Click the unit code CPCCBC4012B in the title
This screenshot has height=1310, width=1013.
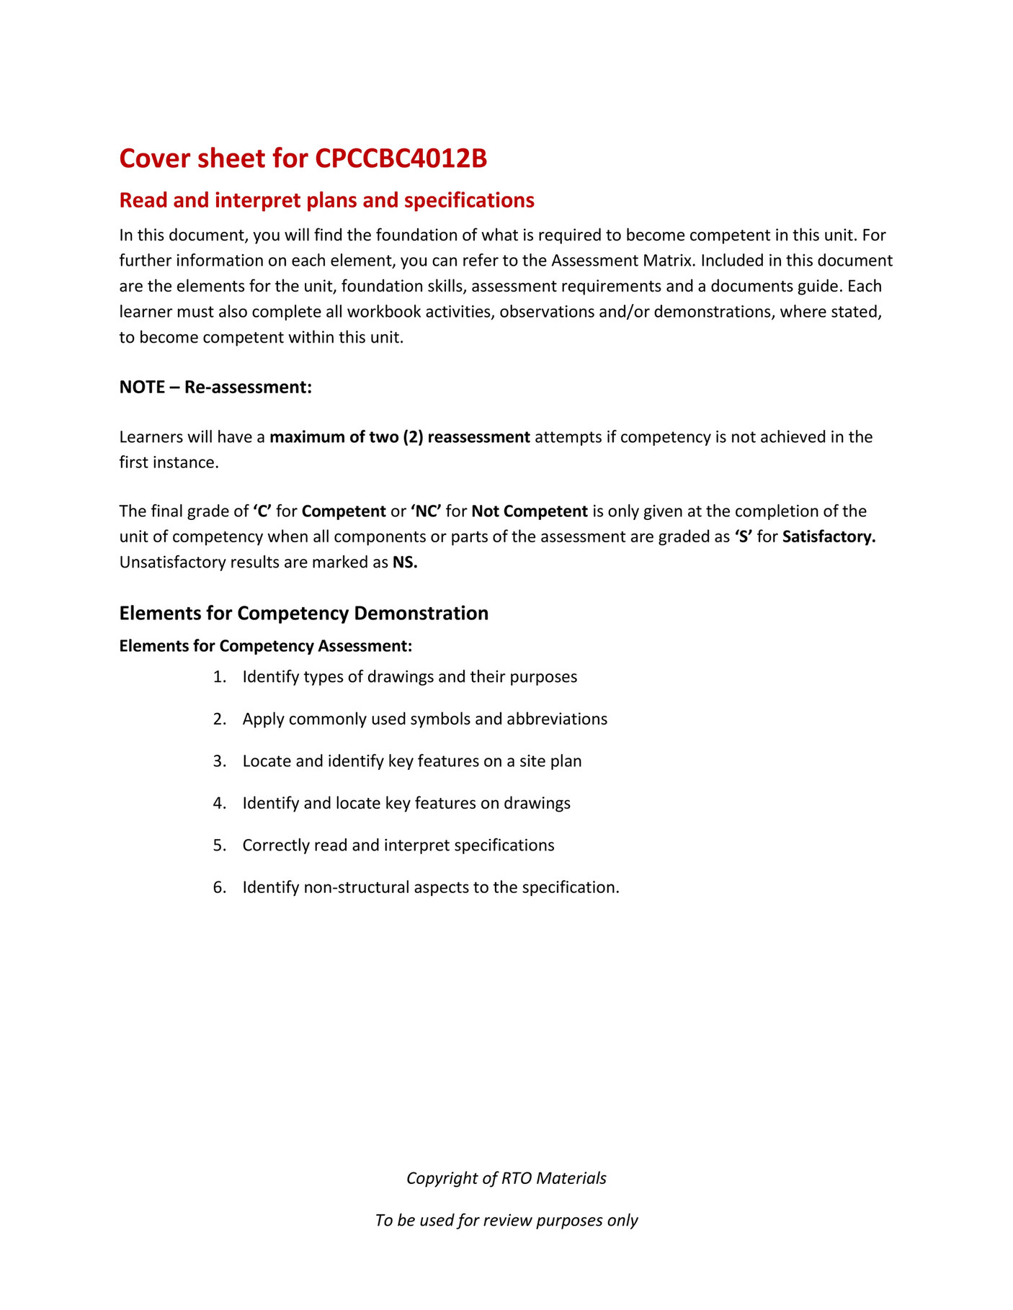point(401,158)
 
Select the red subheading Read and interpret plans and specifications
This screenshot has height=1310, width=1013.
point(326,200)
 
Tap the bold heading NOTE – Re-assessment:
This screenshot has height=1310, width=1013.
point(215,387)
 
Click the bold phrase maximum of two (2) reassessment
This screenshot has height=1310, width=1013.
point(400,437)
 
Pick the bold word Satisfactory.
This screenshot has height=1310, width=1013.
point(829,537)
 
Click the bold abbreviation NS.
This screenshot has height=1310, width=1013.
point(405,562)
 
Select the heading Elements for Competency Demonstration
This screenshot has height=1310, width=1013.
point(303,614)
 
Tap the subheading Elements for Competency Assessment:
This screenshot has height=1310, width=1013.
point(265,646)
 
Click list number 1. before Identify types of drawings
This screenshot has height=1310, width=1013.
point(220,677)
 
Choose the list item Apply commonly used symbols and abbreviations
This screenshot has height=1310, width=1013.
point(424,719)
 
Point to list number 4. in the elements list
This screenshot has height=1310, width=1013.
point(220,803)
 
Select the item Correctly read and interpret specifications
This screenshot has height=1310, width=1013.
point(398,845)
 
